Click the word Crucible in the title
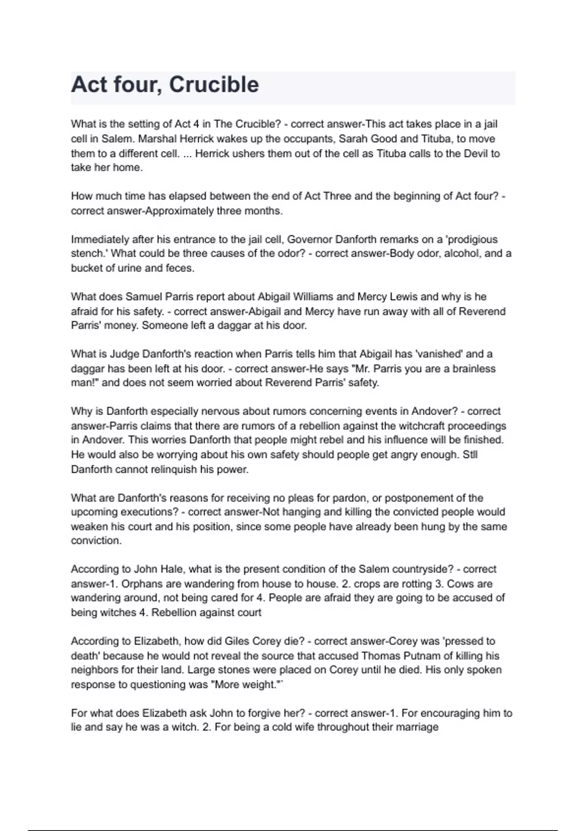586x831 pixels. click(214, 85)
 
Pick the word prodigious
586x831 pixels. click(473, 240)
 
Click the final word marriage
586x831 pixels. click(417, 727)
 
